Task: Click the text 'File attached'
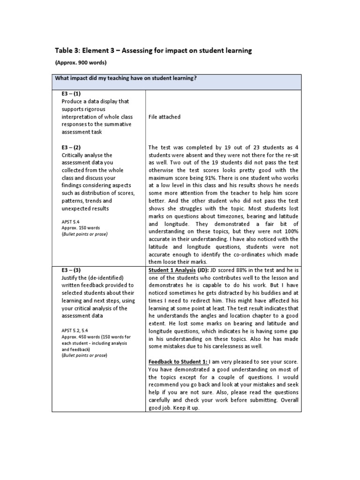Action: [164, 116]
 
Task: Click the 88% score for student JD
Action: [234, 270]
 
